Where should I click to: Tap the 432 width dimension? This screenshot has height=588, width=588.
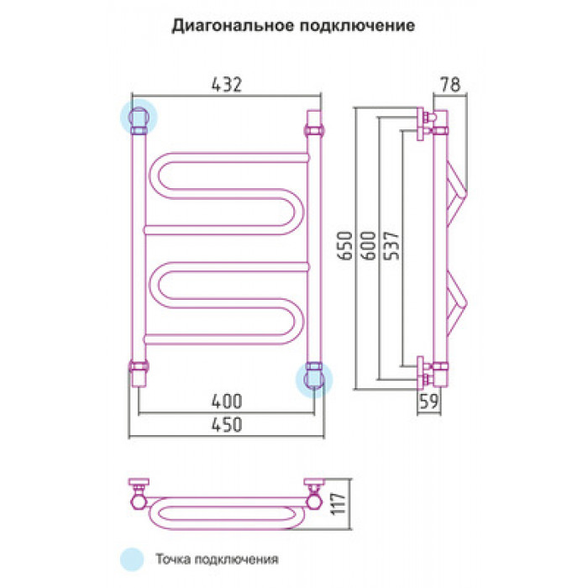point(227,84)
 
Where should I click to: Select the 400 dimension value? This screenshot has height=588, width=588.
point(227,402)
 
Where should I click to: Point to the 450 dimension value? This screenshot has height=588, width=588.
point(227,425)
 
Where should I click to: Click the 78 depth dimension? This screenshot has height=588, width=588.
point(450,84)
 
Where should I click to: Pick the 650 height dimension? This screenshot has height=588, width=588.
point(345,245)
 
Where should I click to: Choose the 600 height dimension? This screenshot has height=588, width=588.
point(368,245)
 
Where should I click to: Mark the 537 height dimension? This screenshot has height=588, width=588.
point(392,245)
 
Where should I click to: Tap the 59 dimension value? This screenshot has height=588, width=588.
point(428,402)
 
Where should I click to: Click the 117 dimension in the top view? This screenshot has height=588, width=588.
point(339,504)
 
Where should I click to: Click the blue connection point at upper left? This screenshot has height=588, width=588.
point(139,118)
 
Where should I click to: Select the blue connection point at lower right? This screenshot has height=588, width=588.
point(314,380)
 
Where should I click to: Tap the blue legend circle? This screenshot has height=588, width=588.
point(132,559)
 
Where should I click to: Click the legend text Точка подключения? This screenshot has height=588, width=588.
point(217,559)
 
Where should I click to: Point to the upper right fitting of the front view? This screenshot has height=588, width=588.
point(314,123)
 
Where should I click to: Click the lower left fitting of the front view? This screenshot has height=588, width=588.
point(139,373)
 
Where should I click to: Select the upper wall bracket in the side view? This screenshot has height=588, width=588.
point(426,123)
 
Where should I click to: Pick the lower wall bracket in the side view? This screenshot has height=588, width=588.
point(426,372)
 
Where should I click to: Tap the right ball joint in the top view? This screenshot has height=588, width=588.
point(314,501)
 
